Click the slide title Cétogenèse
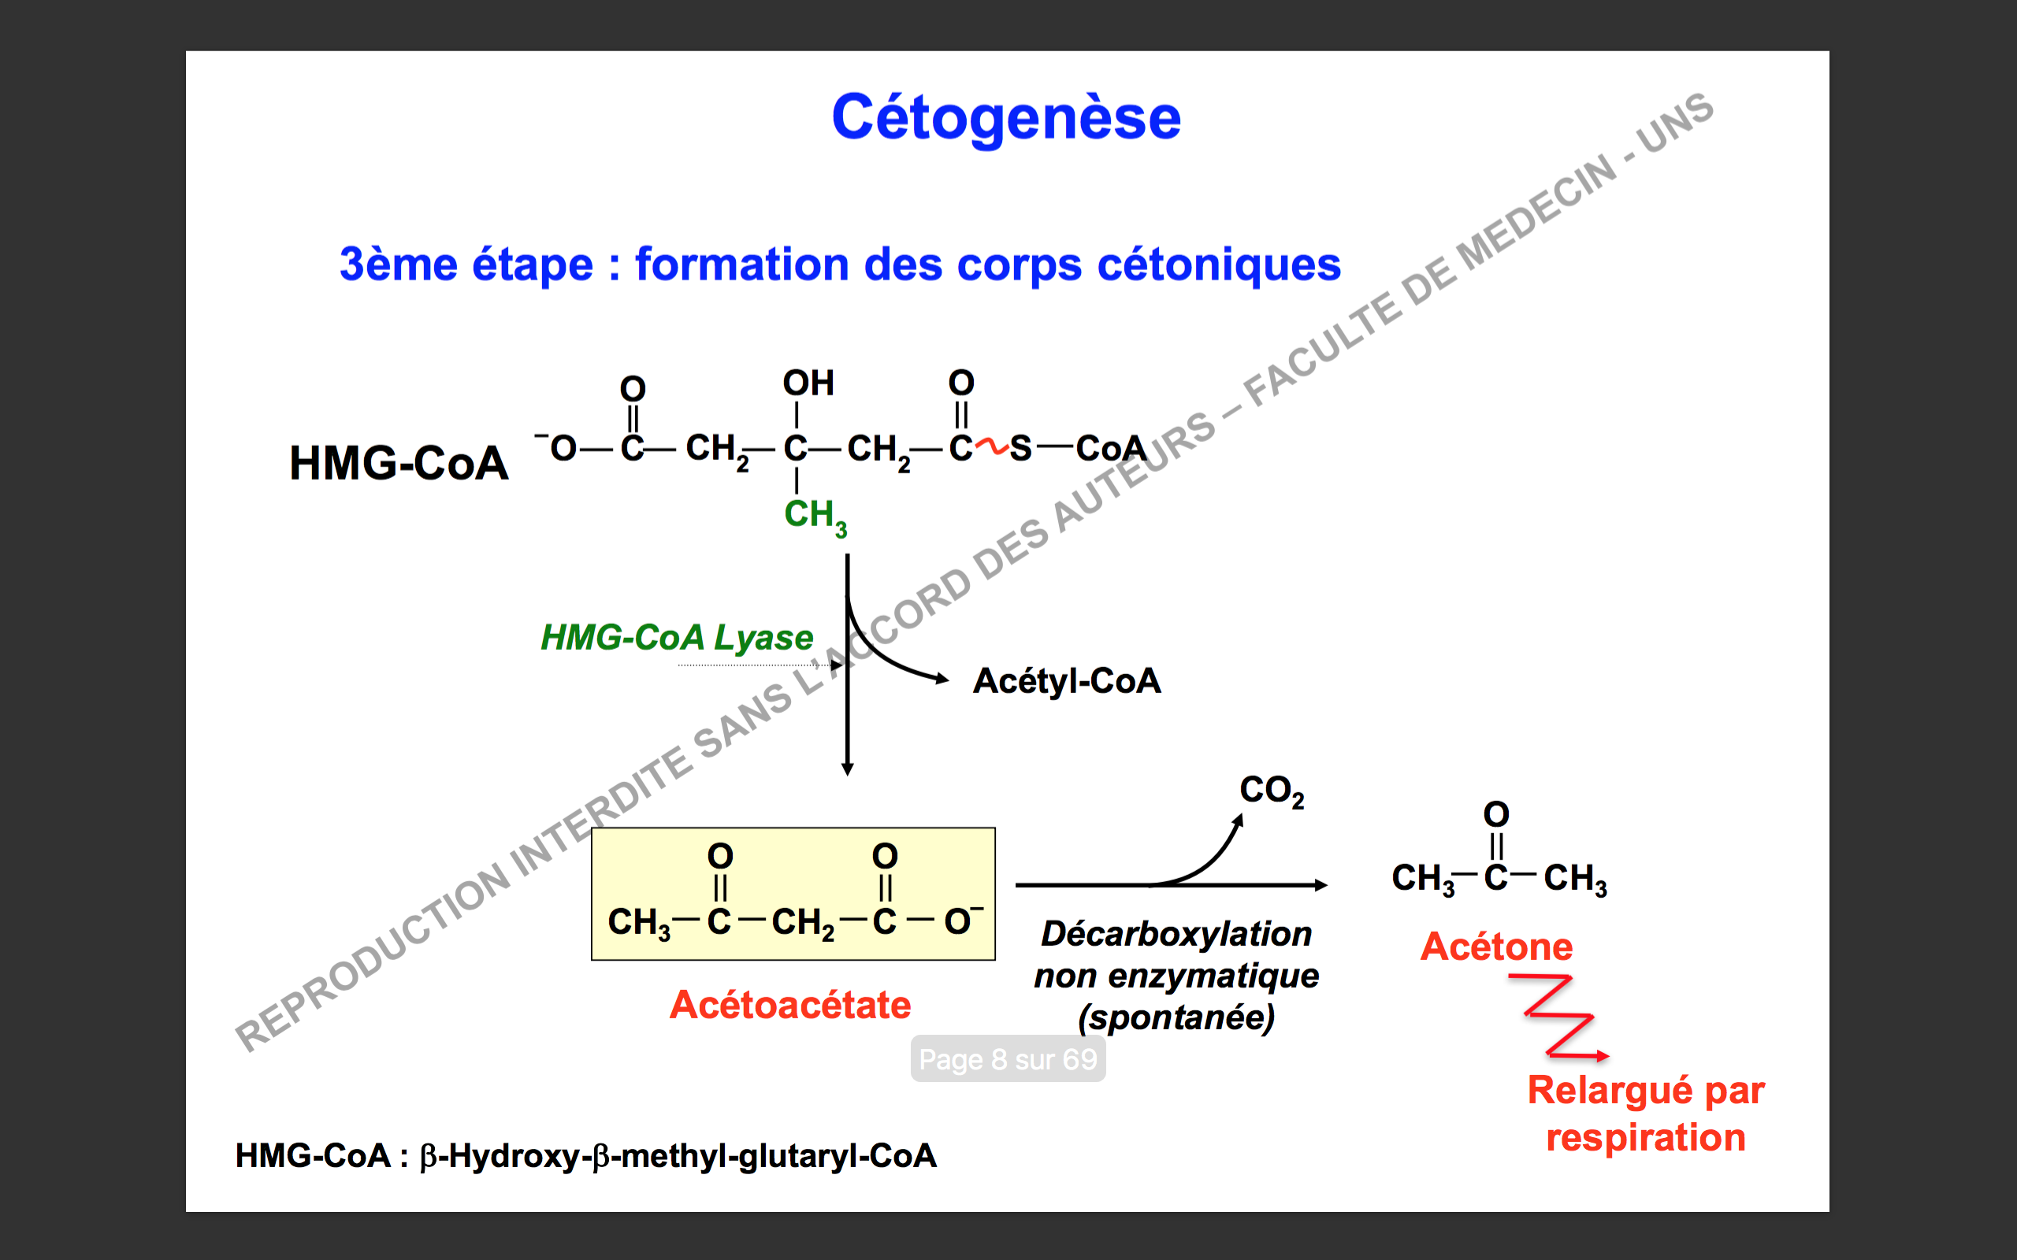[1006, 117]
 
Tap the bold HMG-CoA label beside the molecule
[399, 463]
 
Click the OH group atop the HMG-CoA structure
[808, 384]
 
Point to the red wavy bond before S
[992, 447]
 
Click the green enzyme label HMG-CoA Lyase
[676, 638]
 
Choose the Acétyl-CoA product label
[1066, 681]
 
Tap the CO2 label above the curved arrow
[1271, 790]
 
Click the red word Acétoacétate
[790, 1005]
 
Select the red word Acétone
[1496, 947]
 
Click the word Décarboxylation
[1176, 934]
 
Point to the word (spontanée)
[1176, 1017]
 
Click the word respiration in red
[1645, 1137]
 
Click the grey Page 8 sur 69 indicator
[1008, 1059]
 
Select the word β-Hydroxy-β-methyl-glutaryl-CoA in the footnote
[678, 1156]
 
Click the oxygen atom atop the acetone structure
[1496, 814]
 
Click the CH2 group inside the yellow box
[802, 922]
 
